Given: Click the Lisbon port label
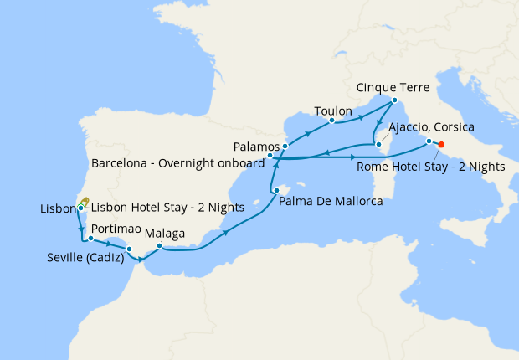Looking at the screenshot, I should click(57, 208).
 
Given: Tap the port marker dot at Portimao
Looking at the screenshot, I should click(90, 239).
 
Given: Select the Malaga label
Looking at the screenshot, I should click(165, 234).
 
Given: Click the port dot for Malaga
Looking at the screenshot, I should click(159, 246).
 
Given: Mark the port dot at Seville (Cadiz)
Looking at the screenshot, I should click(129, 249).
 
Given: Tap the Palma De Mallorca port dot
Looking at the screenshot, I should click(275, 192).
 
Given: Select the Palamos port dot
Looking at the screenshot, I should click(285, 147).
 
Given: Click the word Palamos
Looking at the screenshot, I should click(256, 147).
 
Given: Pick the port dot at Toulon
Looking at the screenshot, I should click(332, 121).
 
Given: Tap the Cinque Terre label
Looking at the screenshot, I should click(393, 86).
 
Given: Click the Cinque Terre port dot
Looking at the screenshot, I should click(394, 100).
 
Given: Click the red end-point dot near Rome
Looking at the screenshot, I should click(441, 144).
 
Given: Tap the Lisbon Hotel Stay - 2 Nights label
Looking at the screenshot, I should click(166, 207).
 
